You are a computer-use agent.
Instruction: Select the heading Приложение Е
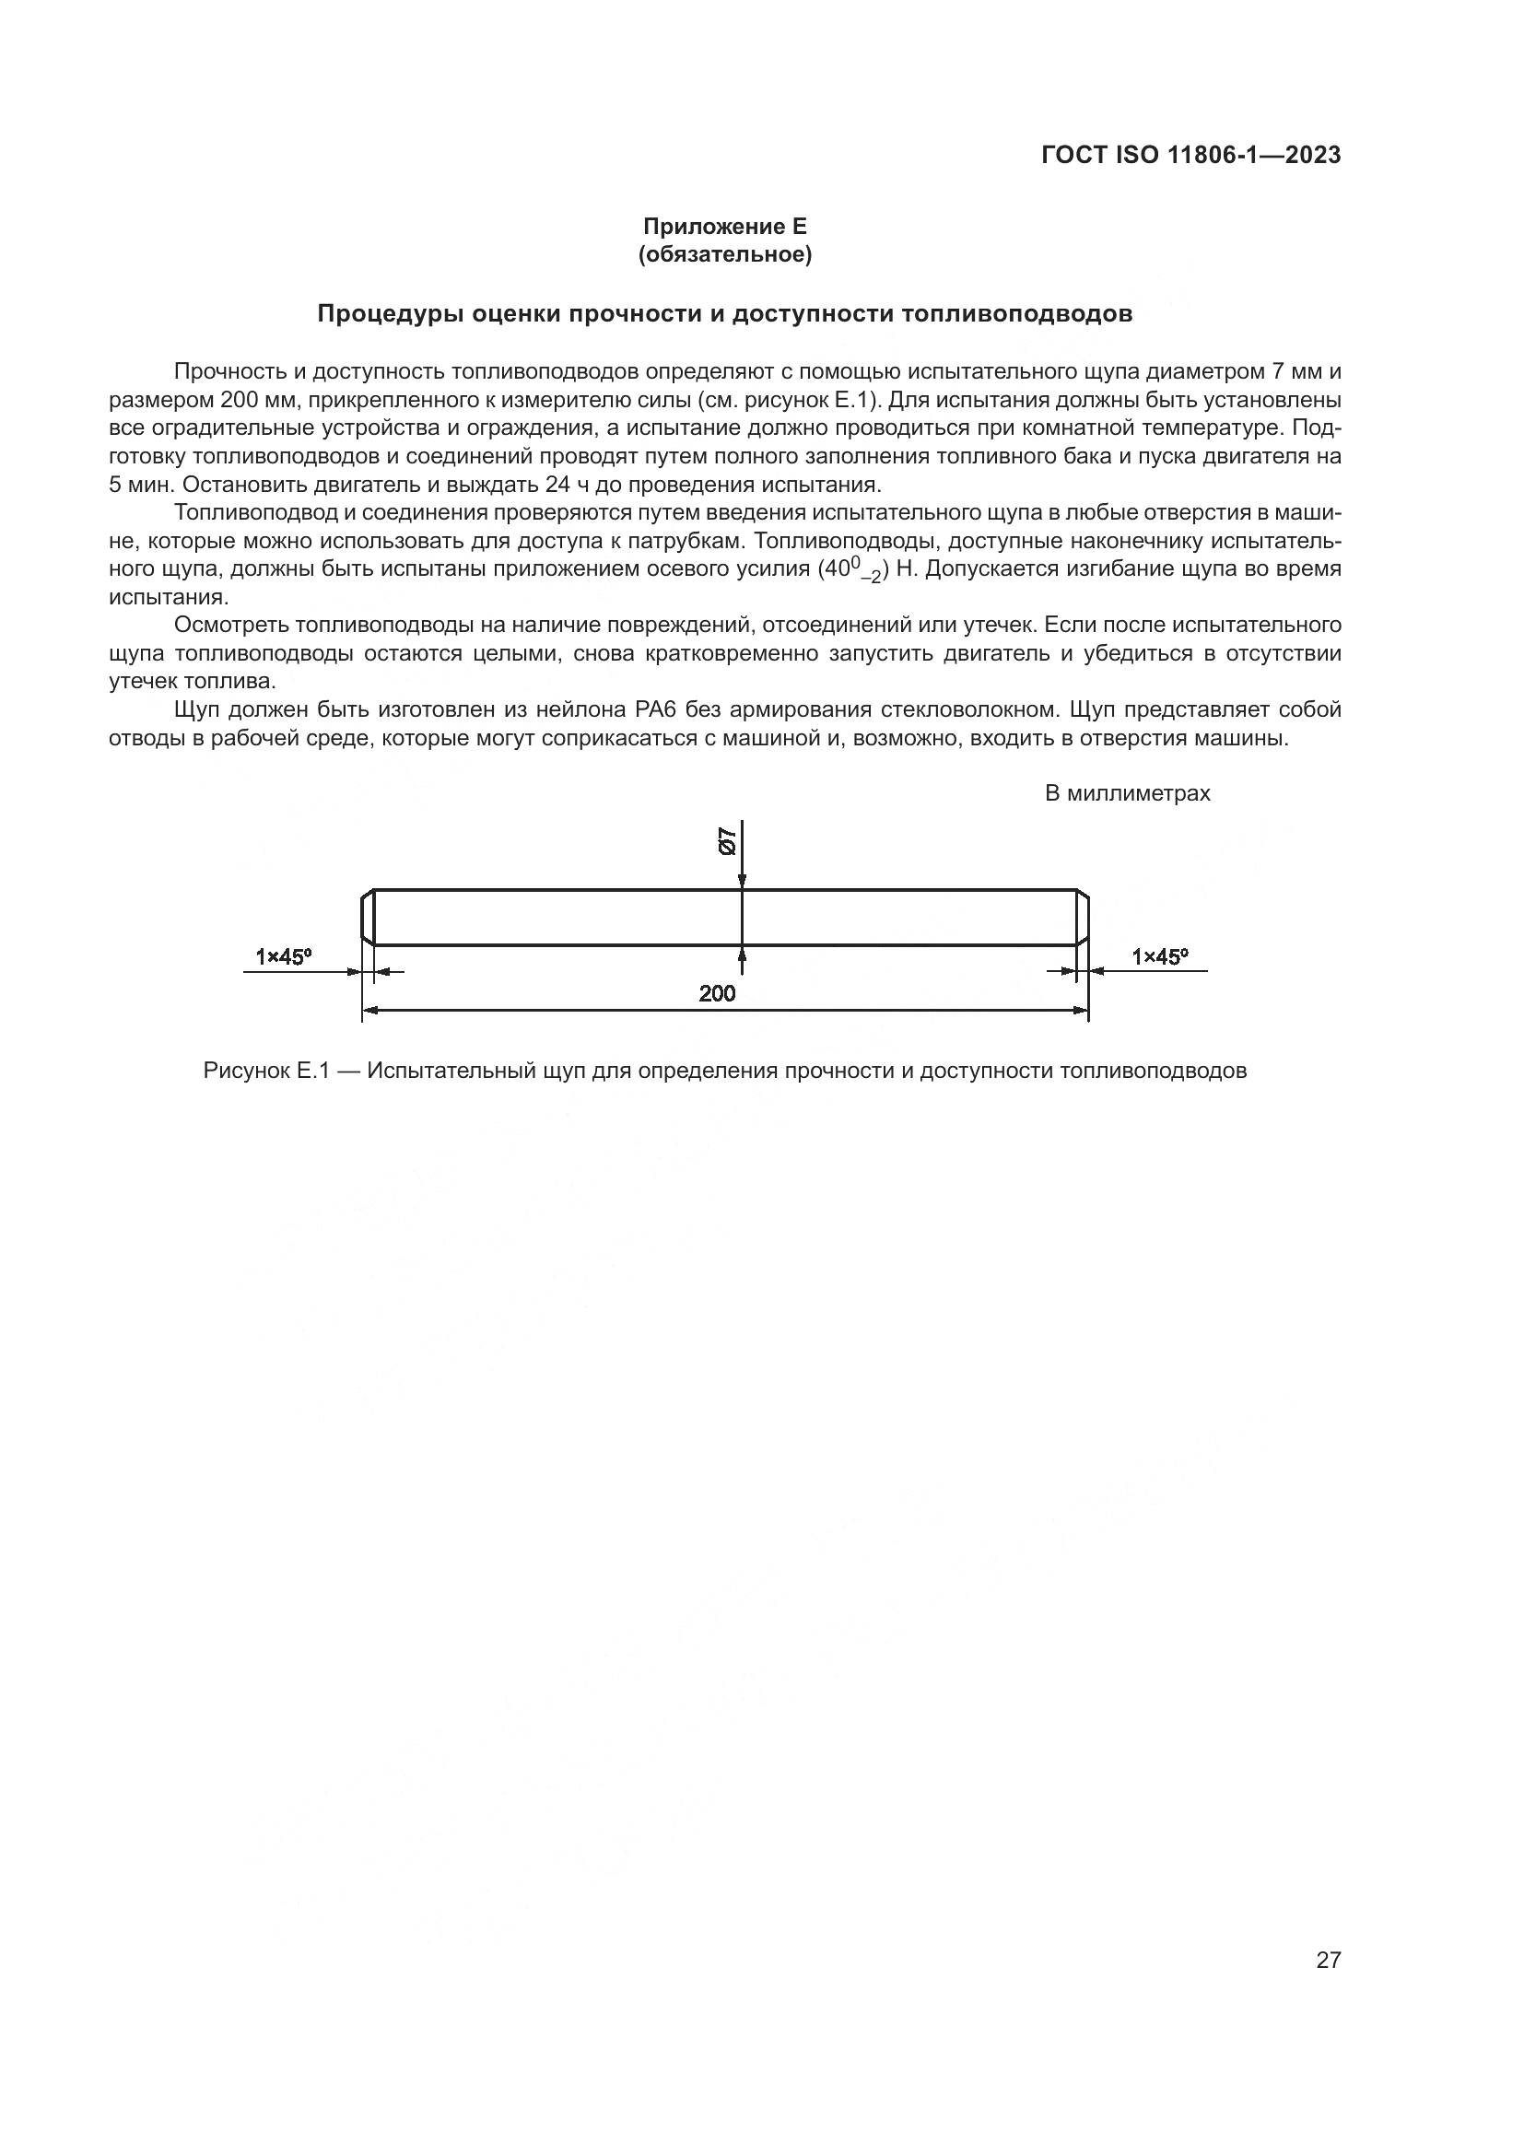tap(724, 227)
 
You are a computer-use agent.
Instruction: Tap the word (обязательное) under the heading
tap(724, 254)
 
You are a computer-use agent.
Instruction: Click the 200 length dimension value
tap(717, 993)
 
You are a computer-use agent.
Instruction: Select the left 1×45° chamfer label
tap(284, 956)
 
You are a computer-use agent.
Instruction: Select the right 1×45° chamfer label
tap(1159, 956)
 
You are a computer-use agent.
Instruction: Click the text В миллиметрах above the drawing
tap(1127, 793)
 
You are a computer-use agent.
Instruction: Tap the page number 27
tap(1328, 1960)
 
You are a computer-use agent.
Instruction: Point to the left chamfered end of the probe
tap(368, 917)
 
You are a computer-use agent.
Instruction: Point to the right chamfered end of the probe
tap(1082, 917)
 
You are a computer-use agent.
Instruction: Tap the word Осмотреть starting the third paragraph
tap(231, 625)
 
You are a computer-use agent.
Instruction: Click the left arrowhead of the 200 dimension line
tap(369, 1011)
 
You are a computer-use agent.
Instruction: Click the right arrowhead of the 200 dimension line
tap(1081, 1011)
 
